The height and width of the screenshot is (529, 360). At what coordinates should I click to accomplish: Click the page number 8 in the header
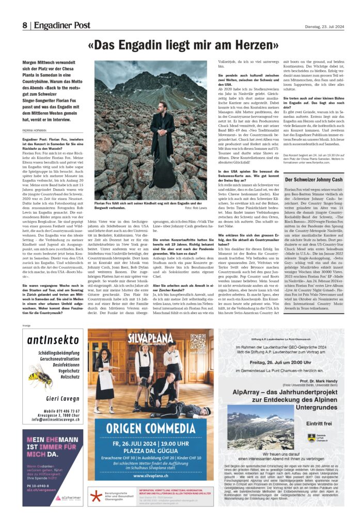[24, 25]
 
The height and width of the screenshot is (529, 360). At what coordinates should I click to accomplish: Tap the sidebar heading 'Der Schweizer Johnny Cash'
[313, 180]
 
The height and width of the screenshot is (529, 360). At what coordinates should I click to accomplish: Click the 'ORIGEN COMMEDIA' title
[150, 428]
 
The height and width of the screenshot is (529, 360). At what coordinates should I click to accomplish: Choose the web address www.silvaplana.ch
[150, 475]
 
